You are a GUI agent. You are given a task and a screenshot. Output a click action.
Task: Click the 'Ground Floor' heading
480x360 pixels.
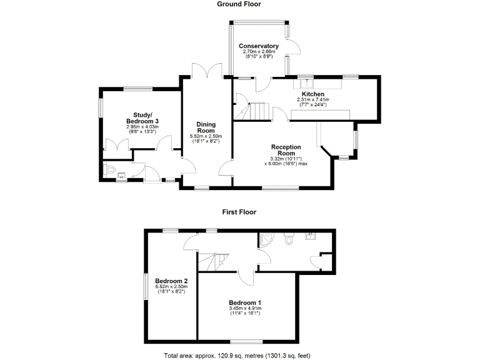coord(239,4)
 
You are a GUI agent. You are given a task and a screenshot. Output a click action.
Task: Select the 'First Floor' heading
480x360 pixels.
coord(239,212)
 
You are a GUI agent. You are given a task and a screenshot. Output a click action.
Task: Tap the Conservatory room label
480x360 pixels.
coord(259,46)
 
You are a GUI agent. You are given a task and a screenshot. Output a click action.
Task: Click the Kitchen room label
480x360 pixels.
coord(312,94)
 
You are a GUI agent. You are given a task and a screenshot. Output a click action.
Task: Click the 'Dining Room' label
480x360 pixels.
coord(206,127)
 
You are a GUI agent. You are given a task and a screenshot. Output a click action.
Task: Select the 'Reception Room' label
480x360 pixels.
coord(286,150)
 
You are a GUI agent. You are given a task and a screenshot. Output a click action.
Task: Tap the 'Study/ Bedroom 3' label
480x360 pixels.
coord(142,117)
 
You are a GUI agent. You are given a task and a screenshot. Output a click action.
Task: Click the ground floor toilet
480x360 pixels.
coord(110,169)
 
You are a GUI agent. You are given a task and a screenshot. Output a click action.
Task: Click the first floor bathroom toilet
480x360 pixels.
coord(289,239)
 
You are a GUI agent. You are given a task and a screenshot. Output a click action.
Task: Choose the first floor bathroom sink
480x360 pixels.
coord(309,236)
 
